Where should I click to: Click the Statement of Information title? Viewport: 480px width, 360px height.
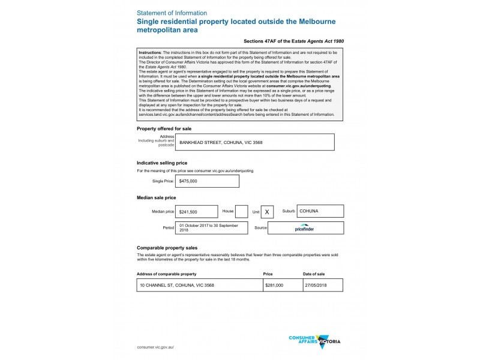coord(172,13)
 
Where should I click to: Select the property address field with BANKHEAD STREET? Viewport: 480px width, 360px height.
coord(255,142)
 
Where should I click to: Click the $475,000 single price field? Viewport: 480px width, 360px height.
coord(207,181)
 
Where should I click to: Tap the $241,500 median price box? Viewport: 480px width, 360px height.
coord(197,212)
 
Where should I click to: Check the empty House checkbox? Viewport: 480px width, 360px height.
coord(241,212)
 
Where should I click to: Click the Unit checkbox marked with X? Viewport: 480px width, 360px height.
coord(267,212)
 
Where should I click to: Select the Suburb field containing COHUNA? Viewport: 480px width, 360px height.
coord(320,211)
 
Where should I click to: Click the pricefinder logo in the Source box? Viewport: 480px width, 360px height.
coord(305,229)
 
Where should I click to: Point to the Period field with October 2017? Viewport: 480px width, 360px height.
coord(212,228)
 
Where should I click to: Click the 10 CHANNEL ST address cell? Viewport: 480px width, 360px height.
coord(199,286)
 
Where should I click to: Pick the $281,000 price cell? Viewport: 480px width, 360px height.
coord(282,286)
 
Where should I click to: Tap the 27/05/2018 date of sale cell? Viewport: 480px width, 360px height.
coord(323,286)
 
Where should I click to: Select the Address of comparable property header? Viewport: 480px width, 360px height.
coord(167,274)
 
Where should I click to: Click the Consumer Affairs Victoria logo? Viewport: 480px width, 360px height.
coord(314,340)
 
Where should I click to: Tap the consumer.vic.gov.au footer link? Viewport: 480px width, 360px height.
coord(155,347)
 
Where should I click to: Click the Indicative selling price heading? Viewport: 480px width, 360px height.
coord(162,163)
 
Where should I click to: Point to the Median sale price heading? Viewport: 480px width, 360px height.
coord(156,197)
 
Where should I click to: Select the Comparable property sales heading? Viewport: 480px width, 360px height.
coord(167,247)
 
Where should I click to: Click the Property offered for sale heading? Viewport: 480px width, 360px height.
coord(164,128)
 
